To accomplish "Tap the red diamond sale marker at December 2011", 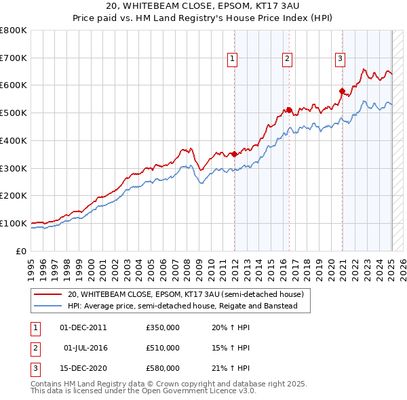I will tap(235, 154).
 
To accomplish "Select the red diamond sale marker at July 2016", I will tap(289, 110).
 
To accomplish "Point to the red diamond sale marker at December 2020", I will tap(342, 90).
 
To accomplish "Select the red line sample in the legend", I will tap(48, 295).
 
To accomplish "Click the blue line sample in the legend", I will tap(48, 306).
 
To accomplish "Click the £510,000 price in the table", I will tap(163, 348).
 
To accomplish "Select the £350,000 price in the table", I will tap(163, 327).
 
